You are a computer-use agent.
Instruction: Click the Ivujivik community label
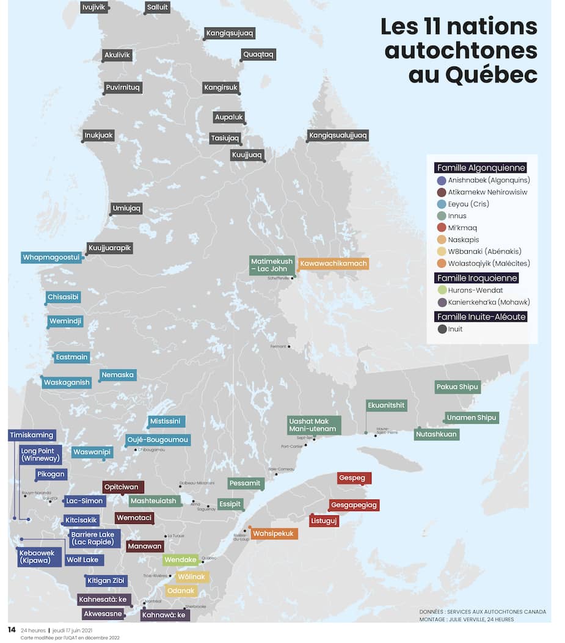point(94,7)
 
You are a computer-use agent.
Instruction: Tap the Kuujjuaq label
point(247,155)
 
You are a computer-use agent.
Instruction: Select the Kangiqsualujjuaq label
point(338,135)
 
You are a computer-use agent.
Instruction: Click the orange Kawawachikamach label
point(333,264)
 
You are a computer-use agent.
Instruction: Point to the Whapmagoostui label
point(51,258)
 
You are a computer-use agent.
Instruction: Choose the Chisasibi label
point(64,297)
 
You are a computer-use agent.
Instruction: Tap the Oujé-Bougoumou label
point(158,440)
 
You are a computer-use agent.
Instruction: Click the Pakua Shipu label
point(457,387)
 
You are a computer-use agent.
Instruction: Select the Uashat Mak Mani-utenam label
point(313,425)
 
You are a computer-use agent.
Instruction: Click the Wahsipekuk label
point(273,534)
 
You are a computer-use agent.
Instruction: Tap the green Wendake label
point(181,559)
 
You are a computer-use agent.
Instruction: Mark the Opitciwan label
point(123,487)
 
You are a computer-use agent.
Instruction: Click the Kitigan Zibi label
point(106,581)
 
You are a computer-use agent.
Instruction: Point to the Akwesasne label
point(103,614)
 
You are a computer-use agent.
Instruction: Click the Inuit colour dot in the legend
point(442,329)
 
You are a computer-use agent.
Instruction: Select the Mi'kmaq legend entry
point(462,228)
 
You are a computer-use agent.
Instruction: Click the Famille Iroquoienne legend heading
point(477,278)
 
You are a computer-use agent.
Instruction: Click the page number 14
point(11,630)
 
